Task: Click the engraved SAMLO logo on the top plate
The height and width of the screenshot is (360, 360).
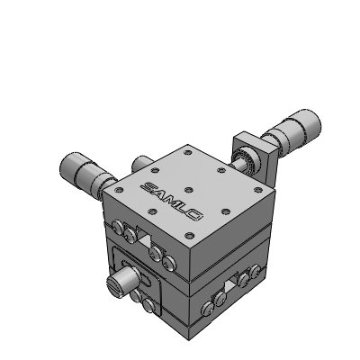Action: pos(171,201)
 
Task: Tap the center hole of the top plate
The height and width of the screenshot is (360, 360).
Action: pos(189,190)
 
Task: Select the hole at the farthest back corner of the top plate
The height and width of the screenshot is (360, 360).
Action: pos(188,152)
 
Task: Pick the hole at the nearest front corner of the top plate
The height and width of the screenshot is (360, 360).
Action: pos(189,236)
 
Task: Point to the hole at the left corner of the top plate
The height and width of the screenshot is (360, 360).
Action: pos(119,190)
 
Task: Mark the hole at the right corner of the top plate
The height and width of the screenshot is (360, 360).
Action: pos(257,190)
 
